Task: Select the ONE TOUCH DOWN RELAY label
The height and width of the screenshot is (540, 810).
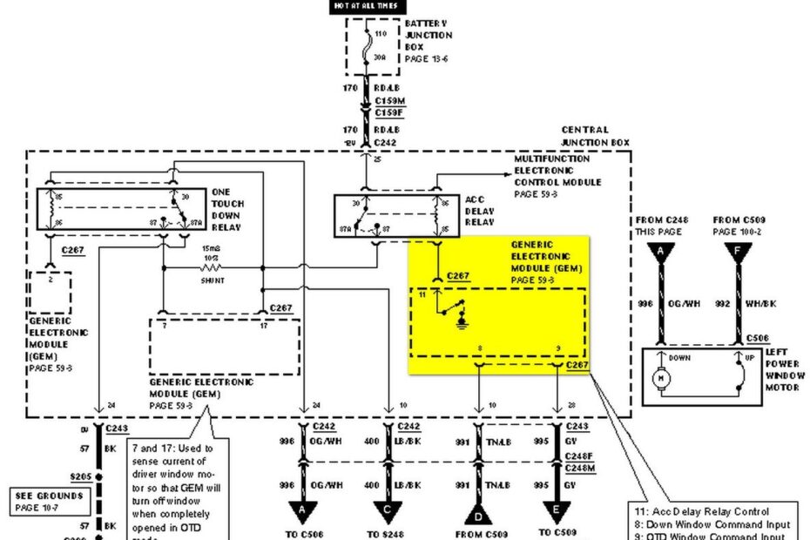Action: coord(227,209)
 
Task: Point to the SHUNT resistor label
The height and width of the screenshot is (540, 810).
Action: coord(212,280)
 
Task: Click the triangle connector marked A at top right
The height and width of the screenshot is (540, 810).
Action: coord(662,252)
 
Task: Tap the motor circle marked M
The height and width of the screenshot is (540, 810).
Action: coord(661,379)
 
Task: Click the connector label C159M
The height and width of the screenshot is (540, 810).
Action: coord(388,101)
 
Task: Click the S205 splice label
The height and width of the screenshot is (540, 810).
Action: coord(82,476)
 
